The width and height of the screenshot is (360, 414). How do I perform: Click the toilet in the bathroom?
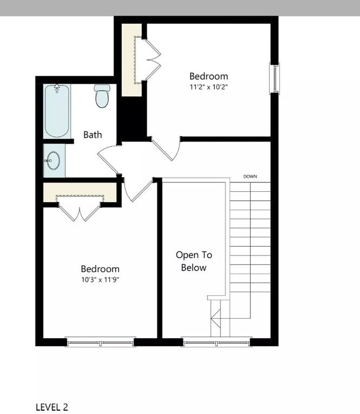[101, 96]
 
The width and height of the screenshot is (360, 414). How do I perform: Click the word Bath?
[92, 135]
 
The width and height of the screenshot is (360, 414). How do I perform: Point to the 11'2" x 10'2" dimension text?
[209, 87]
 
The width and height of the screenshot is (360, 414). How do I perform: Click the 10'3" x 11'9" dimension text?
[100, 279]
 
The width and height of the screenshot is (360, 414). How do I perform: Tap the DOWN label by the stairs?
[250, 177]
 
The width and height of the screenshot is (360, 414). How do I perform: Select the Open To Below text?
[194, 261]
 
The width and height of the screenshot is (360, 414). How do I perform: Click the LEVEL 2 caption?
[52, 407]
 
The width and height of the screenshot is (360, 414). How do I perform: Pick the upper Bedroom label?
[208, 76]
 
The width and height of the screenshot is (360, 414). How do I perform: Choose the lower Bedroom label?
[100, 269]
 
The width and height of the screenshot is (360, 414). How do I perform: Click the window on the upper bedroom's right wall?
[274, 78]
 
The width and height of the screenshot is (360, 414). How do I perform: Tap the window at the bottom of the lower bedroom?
[100, 342]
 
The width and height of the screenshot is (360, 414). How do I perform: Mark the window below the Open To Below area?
[217, 342]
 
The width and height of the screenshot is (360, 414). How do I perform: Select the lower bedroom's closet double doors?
[81, 213]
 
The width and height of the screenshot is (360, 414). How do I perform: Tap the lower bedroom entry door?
[137, 190]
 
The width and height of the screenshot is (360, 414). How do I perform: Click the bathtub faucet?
[56, 89]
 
